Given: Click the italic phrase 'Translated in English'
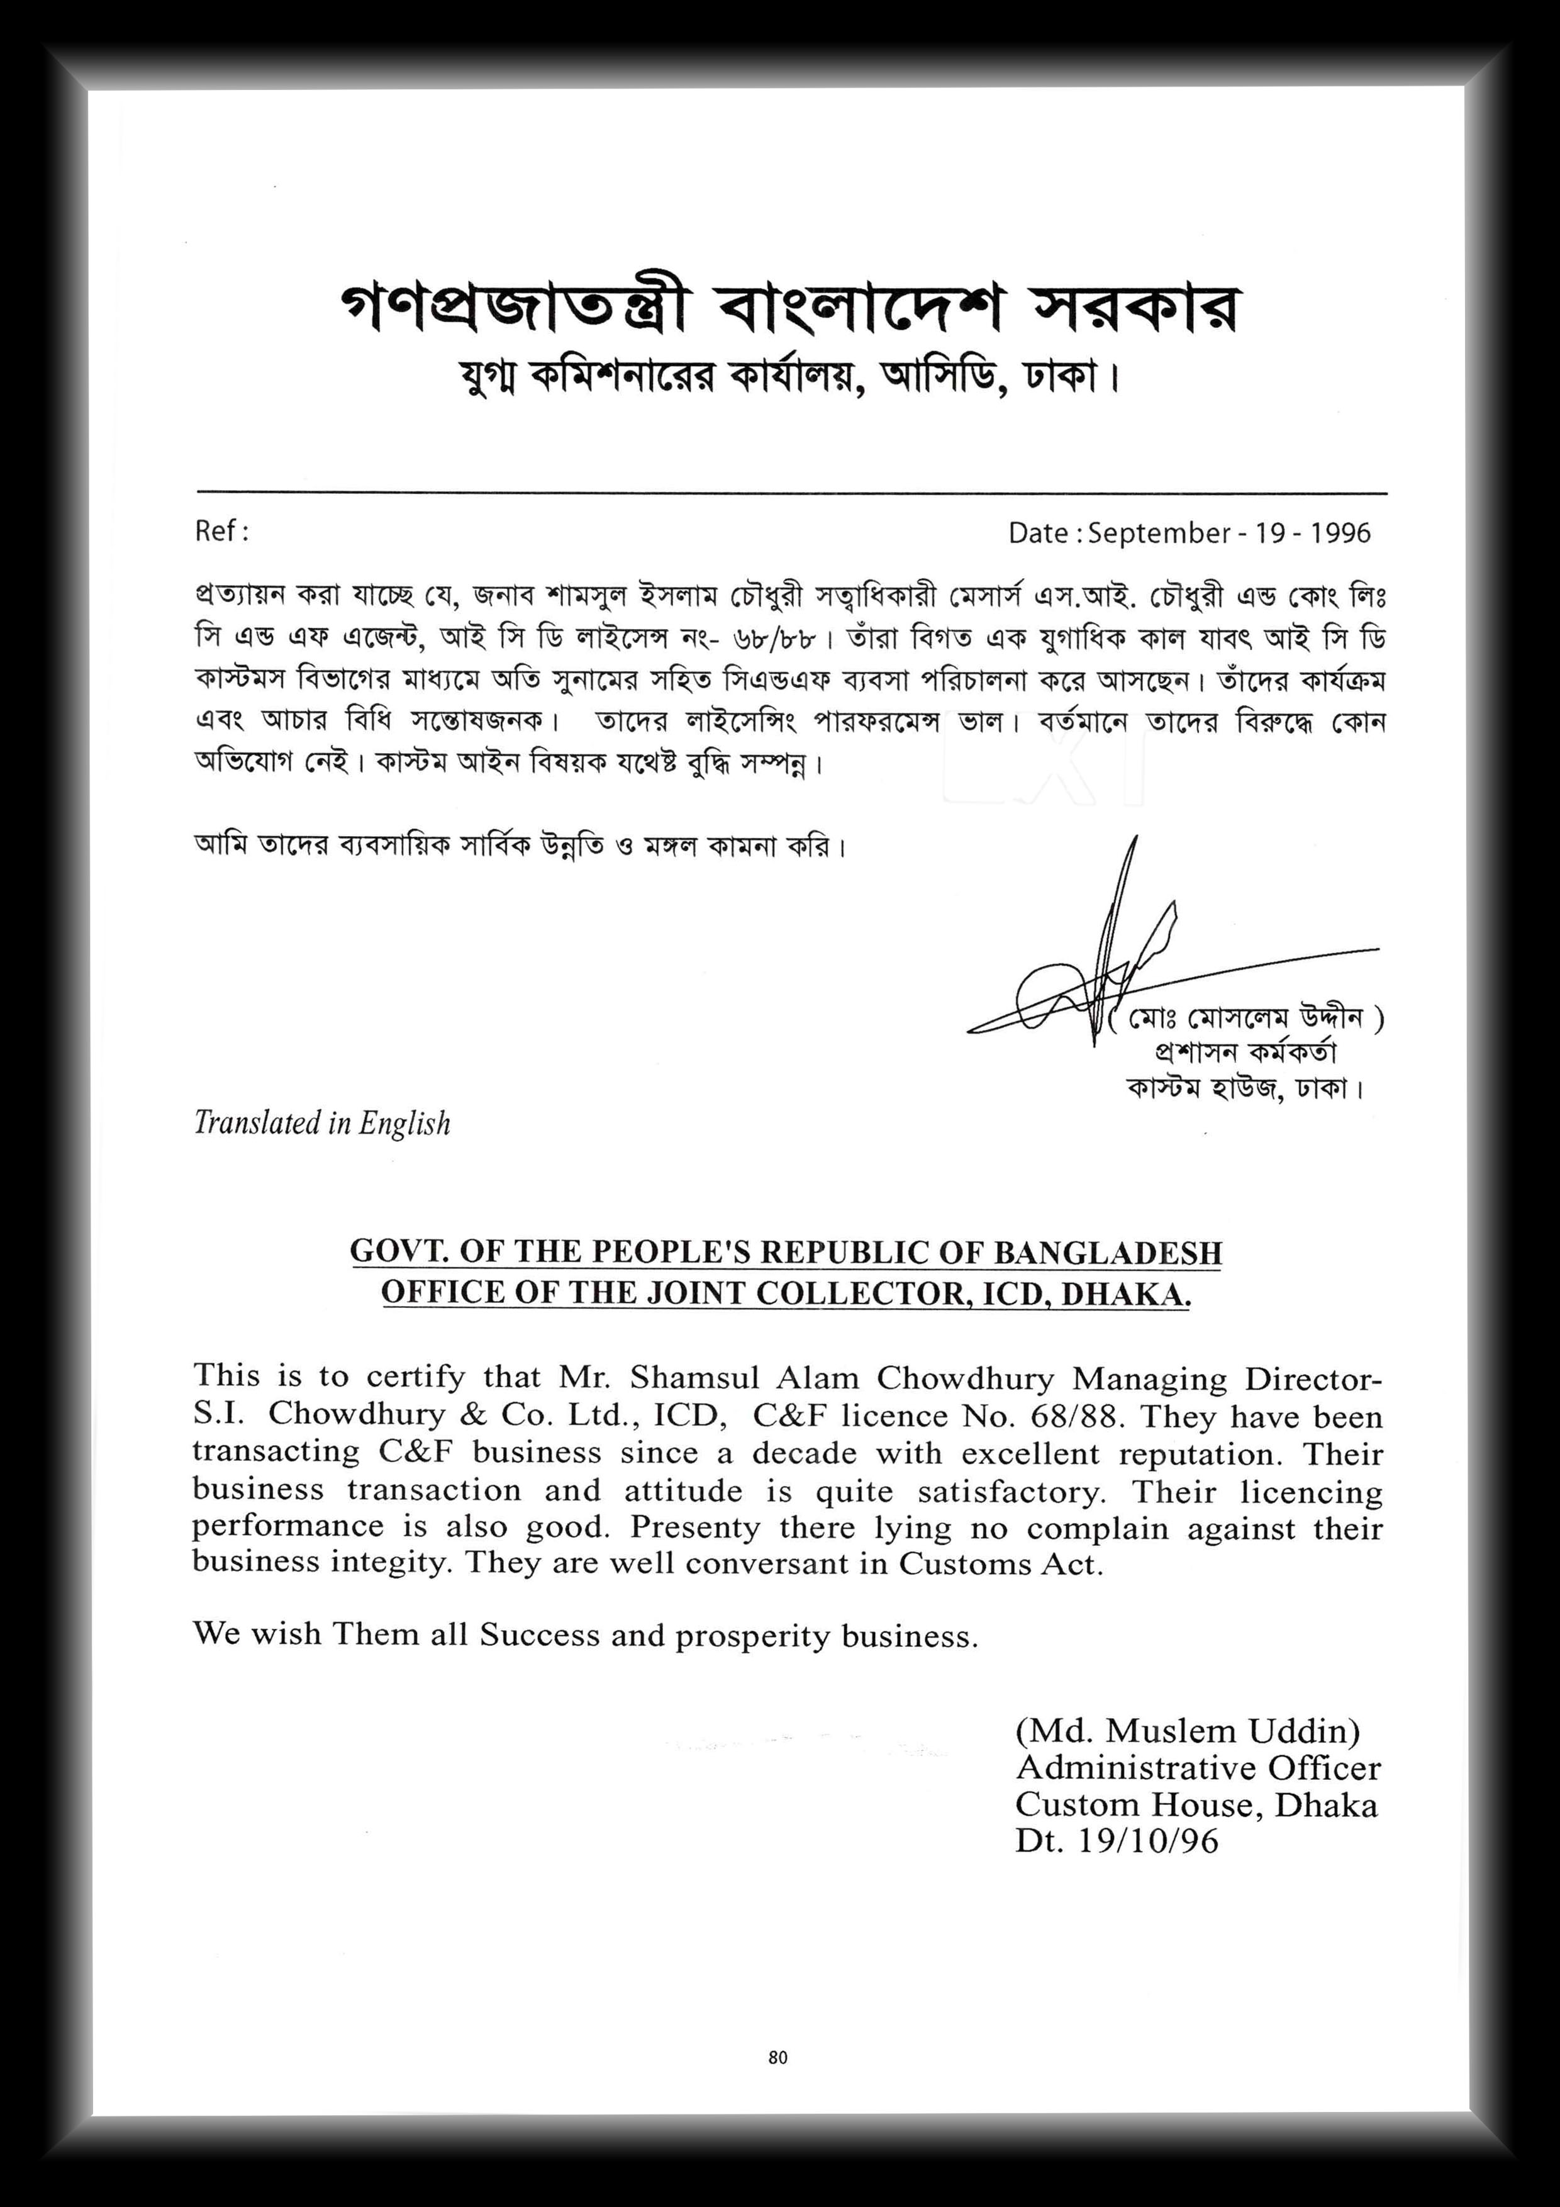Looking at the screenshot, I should point(322,1123).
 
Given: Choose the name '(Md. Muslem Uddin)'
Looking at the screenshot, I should point(1187,1731).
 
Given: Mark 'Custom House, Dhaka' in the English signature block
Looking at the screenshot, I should point(1196,1804).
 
